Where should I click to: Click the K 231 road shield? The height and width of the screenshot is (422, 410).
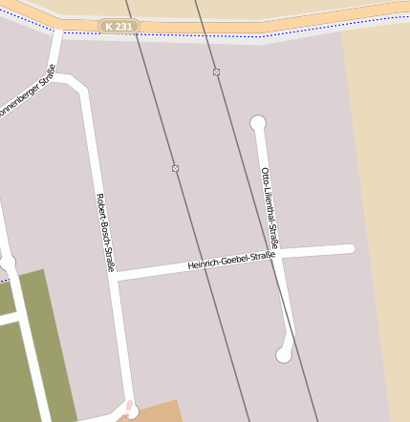click(119, 27)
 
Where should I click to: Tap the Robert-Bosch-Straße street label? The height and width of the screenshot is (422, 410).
click(105, 233)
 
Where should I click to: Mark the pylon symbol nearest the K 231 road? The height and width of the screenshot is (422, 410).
click(217, 72)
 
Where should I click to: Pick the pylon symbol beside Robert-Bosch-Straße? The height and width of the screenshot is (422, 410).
click(175, 168)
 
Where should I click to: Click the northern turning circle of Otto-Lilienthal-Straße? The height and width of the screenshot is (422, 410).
click(257, 122)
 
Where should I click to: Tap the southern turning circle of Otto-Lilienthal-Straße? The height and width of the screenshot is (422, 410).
click(284, 355)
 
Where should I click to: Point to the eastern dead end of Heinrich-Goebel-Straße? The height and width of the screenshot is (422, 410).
click(350, 248)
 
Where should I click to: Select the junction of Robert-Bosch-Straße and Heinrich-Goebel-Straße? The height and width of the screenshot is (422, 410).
click(113, 275)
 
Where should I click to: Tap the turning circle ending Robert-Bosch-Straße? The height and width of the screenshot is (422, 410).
click(131, 411)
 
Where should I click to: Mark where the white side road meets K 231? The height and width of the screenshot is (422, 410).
click(59, 32)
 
